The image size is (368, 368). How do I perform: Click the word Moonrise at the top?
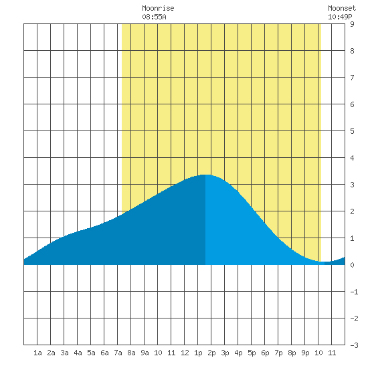click(158, 8)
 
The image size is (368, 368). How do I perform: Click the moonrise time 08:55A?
click(154, 17)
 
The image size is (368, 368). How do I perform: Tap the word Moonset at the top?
click(342, 8)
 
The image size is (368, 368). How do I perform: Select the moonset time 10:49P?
click(340, 17)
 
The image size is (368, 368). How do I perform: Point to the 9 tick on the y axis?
click(352, 24)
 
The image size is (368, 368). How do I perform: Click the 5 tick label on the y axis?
click(352, 131)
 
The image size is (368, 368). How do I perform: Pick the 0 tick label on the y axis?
click(352, 265)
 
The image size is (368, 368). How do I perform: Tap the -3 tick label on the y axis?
click(354, 345)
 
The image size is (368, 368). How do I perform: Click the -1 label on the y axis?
click(354, 292)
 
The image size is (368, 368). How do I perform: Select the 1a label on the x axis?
click(37, 353)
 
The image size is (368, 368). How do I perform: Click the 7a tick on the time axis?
click(118, 353)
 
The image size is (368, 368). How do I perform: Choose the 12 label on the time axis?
click(185, 353)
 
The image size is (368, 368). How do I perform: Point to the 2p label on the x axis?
click(211, 353)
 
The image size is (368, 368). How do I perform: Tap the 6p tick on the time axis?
click(265, 353)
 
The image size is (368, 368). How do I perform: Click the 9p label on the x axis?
click(305, 353)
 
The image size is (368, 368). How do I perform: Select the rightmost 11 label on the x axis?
click(332, 353)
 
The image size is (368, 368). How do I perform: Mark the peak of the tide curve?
click(205, 175)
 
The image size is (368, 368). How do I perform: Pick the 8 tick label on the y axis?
click(352, 51)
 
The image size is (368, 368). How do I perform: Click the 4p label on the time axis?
click(238, 353)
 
